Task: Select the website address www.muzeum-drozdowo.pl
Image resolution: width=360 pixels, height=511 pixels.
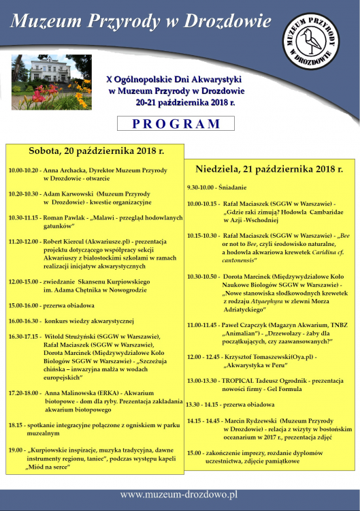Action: click(x=180, y=493)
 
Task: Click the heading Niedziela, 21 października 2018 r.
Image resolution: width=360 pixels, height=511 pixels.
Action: click(x=269, y=168)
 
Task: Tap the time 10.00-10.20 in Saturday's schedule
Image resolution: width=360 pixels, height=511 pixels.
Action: click(x=24, y=170)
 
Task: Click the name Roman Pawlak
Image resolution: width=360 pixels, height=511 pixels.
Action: click(x=65, y=217)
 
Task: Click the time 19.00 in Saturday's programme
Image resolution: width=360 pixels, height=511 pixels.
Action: click(x=17, y=450)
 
